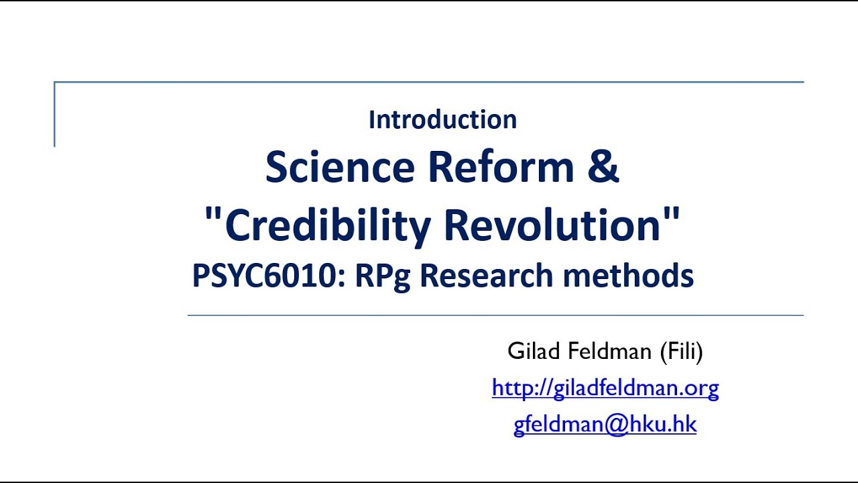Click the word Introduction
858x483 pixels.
[442, 120]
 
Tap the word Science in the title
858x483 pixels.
[340, 168]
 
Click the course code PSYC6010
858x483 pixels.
[264, 276]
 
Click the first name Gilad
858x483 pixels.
[531, 351]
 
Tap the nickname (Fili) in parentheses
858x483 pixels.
[681, 351]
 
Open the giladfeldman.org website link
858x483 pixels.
[605, 388]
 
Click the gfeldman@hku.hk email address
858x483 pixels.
[605, 424]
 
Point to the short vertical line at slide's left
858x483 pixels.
[54, 114]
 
